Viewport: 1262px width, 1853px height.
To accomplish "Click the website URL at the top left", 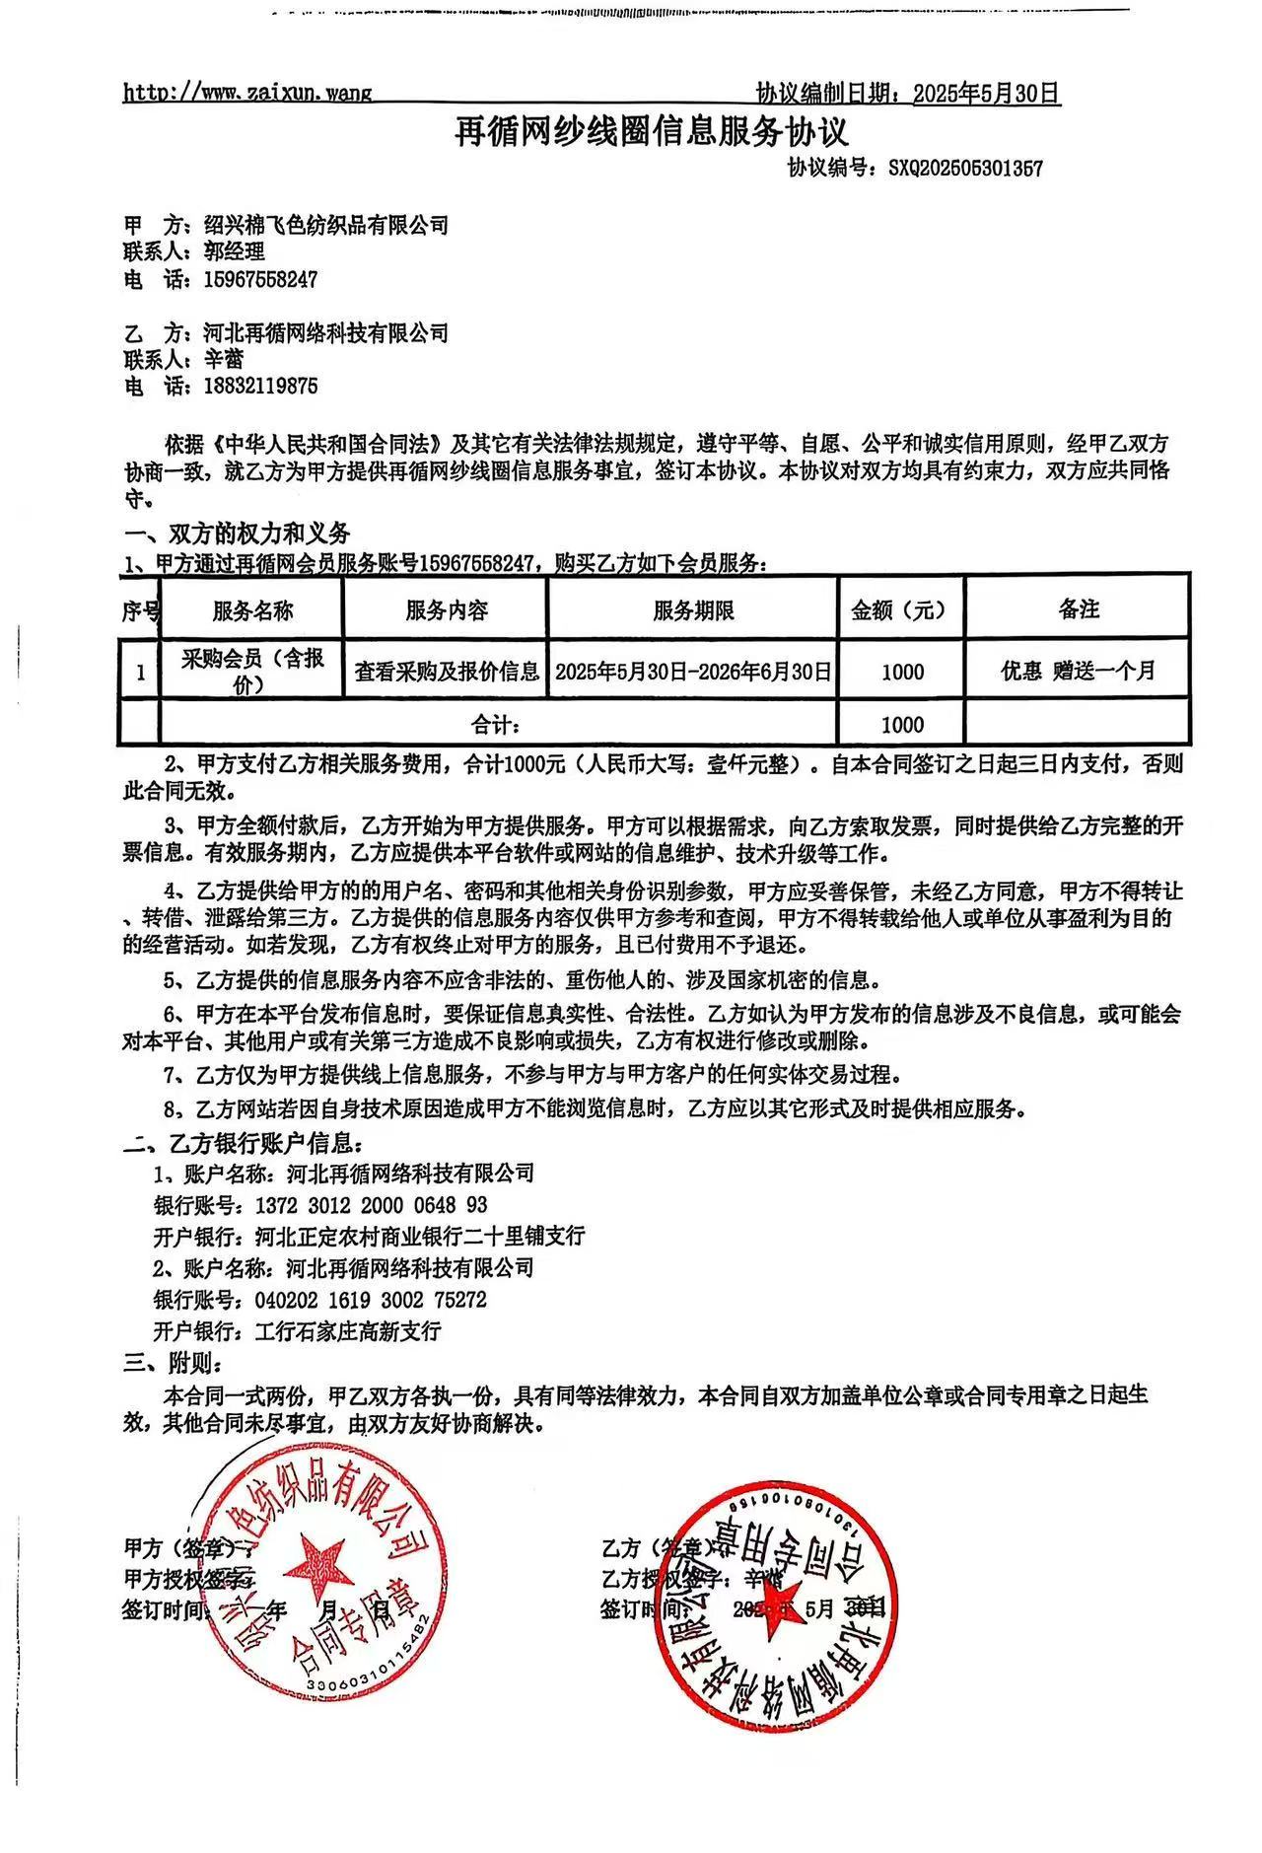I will point(247,94).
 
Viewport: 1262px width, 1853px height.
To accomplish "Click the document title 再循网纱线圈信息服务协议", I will point(650,130).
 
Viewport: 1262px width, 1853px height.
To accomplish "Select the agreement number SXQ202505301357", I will point(965,169).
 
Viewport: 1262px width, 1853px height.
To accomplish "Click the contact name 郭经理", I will point(228,252).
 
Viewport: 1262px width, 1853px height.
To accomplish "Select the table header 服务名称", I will point(252,610).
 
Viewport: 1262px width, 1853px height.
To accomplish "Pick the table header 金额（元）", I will point(900,610).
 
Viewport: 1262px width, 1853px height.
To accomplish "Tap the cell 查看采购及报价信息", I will point(447,672).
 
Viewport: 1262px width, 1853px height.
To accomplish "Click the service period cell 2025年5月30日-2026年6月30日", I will point(693,672).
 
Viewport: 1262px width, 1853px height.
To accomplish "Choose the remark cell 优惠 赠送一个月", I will point(1078,672).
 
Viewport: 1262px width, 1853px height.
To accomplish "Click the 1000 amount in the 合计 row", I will point(902,726).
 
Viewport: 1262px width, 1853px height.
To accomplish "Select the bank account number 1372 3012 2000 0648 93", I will point(371,1205).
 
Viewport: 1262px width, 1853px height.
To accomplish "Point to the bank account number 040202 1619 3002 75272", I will point(371,1300).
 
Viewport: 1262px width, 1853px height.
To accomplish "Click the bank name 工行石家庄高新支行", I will point(348,1331).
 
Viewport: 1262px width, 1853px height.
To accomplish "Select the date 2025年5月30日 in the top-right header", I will point(986,94).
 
